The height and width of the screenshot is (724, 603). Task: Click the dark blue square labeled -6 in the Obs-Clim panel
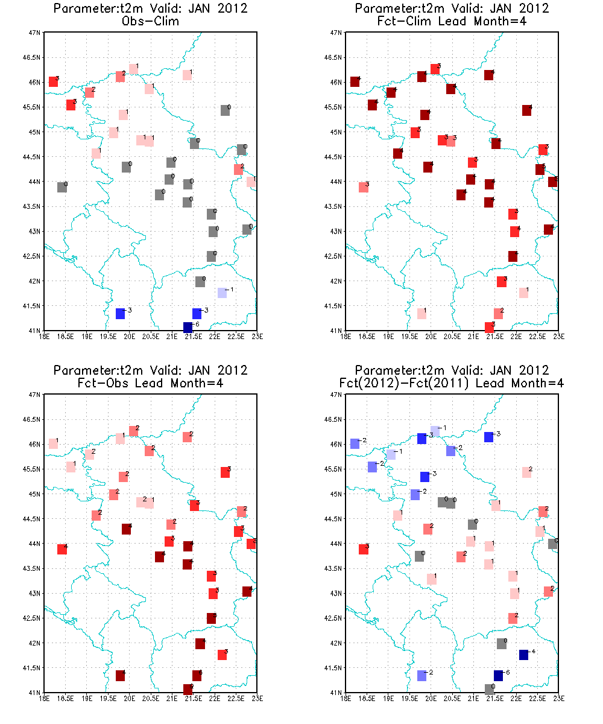(x=188, y=327)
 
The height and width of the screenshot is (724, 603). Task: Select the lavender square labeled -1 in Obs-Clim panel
(x=222, y=293)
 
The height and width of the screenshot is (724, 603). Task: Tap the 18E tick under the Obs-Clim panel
(x=45, y=336)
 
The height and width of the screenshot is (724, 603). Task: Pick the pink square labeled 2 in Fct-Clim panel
(x=498, y=313)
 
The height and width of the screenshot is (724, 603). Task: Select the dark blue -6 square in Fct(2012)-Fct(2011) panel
(x=498, y=675)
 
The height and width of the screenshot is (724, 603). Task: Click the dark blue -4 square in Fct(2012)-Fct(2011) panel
(x=523, y=655)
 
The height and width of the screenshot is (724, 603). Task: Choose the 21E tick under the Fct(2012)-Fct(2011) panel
(x=473, y=698)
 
